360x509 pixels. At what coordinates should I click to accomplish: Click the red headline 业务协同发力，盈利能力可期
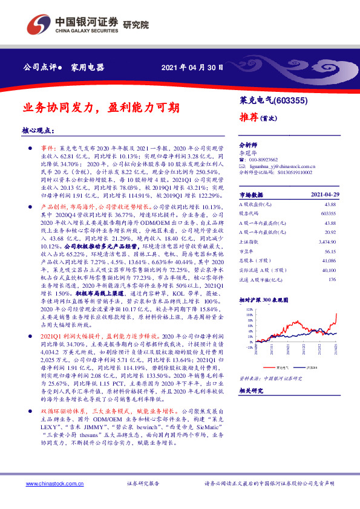pyautogui.click(x=93, y=108)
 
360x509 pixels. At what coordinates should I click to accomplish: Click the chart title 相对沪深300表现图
pyautogui.click(x=265, y=299)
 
